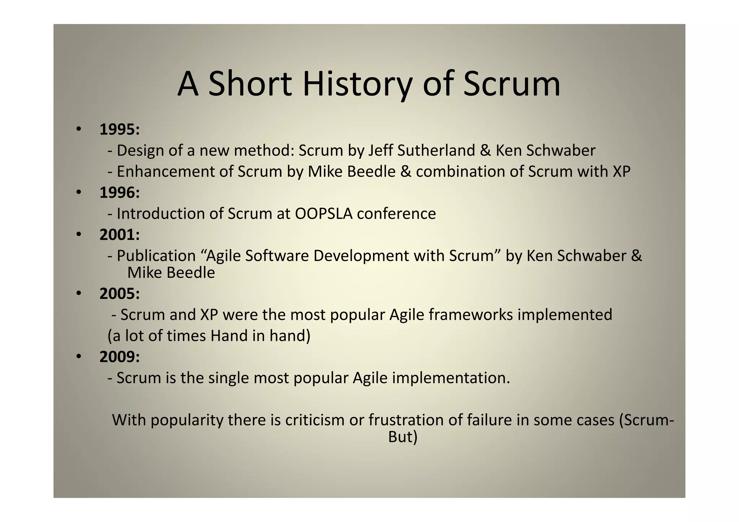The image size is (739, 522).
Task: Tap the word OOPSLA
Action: click(x=323, y=214)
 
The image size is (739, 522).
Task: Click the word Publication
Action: click(x=156, y=256)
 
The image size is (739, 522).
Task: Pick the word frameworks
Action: click(x=471, y=315)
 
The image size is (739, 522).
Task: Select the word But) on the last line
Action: click(x=403, y=437)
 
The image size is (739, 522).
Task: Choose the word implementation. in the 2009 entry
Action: click(x=451, y=378)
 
